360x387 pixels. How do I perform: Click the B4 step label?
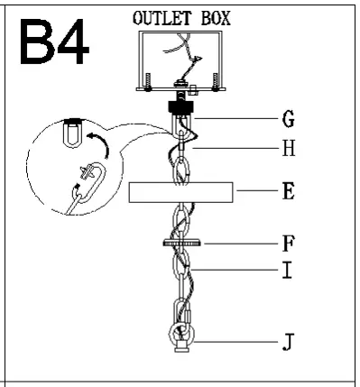point(54,41)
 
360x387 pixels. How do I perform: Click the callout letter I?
point(287,270)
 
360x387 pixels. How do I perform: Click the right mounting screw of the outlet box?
point(217,84)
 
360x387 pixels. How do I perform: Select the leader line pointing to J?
point(239,342)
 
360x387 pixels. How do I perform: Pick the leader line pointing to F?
point(244,244)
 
